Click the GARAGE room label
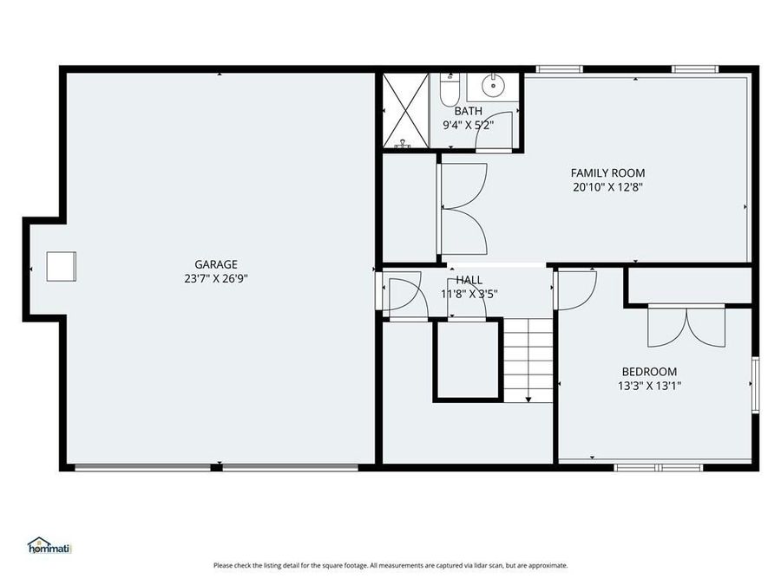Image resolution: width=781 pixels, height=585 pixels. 215,264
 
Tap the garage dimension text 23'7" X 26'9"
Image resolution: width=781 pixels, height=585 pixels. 215,278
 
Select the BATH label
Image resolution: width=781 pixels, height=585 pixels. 468,111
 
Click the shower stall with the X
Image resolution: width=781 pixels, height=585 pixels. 404,111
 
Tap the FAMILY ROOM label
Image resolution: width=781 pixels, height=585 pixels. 607,173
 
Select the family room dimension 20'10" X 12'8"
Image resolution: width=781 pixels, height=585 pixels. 607,186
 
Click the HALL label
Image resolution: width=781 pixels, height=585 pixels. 469,280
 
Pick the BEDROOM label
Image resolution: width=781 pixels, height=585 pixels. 649,372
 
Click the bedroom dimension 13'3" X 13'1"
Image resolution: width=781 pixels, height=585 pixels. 649,386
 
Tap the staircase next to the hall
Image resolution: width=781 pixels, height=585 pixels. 528,360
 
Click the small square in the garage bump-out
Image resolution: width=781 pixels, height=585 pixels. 61,266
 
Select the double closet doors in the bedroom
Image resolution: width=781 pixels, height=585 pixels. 686,325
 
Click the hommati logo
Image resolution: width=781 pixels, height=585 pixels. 49,546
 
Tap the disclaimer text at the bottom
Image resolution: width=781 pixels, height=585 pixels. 390,565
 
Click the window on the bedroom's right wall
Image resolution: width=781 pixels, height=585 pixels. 754,385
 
